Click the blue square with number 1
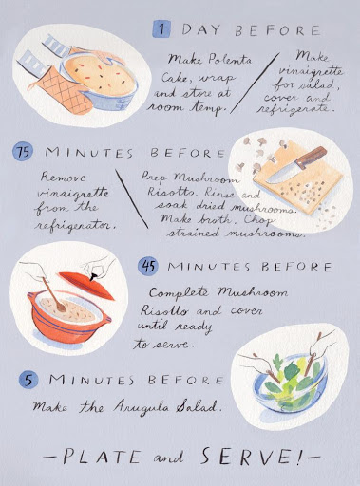click(x=161, y=29)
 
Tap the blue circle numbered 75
click(x=23, y=152)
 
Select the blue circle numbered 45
click(x=148, y=266)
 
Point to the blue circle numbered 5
click(x=28, y=380)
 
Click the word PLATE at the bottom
click(x=102, y=457)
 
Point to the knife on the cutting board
click(x=296, y=165)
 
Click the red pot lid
click(x=86, y=284)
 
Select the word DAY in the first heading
click(x=200, y=29)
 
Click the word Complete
click(x=179, y=292)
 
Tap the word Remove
click(x=63, y=177)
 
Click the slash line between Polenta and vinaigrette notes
click(x=255, y=84)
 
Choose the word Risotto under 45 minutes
click(x=164, y=310)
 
